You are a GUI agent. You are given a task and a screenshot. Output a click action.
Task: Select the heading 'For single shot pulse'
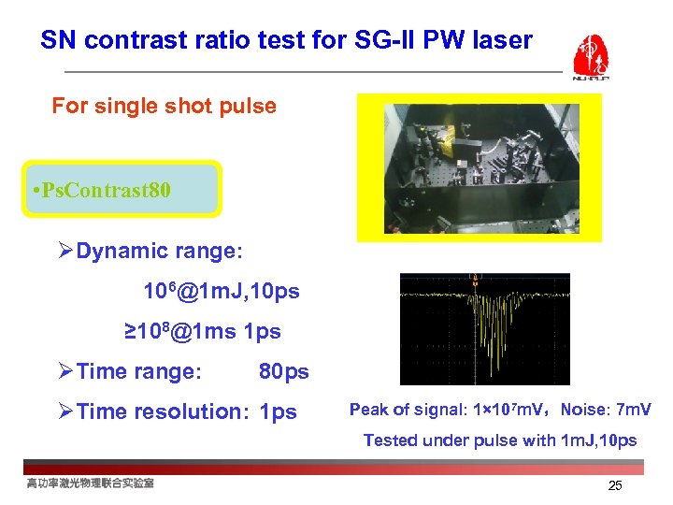(164, 106)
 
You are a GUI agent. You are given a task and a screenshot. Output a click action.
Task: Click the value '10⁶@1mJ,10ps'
(221, 291)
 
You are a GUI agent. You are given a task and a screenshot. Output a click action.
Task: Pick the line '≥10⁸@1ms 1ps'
(203, 331)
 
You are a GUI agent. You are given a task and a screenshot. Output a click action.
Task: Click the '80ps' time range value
(283, 371)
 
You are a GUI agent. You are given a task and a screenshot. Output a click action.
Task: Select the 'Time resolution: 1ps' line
(186, 411)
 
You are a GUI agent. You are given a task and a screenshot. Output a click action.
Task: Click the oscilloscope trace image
(484, 328)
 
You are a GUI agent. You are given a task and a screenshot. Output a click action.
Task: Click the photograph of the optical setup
(479, 167)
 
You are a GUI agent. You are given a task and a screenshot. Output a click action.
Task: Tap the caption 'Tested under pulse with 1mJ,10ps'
(500, 440)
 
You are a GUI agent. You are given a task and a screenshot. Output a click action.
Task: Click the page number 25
(614, 485)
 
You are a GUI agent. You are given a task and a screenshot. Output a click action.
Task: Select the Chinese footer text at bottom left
(90, 483)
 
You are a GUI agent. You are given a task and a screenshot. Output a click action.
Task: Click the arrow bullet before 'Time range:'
(64, 371)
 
